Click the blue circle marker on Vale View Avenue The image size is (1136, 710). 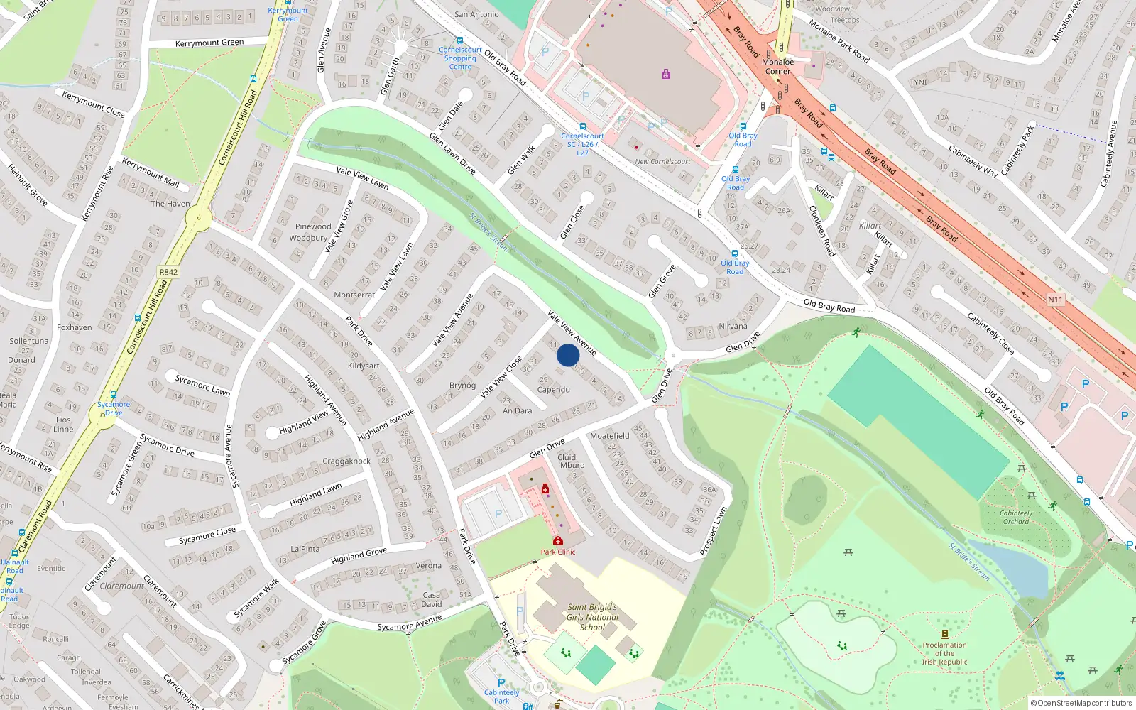click(x=568, y=355)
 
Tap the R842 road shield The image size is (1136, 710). click(x=168, y=272)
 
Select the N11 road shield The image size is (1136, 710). click(x=1055, y=300)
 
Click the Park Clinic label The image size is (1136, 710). click(x=558, y=552)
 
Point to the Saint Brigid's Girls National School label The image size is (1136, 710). click(x=592, y=617)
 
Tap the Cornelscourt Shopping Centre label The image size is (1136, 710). click(x=460, y=58)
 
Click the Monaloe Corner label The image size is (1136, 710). click(x=777, y=67)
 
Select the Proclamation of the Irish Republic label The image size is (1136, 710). click(x=944, y=653)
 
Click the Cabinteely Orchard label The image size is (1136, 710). click(x=1016, y=517)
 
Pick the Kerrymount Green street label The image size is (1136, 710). click(x=209, y=43)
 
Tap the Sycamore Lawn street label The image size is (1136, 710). click(x=203, y=386)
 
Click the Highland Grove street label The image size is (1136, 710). click(x=359, y=556)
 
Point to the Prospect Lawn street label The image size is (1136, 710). click(x=713, y=531)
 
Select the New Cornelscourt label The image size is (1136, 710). click(x=662, y=162)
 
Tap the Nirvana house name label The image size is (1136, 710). click(x=733, y=327)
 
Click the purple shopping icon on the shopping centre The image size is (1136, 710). click(x=665, y=74)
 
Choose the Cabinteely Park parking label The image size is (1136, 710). click(x=501, y=696)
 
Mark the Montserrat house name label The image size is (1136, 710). click(x=354, y=295)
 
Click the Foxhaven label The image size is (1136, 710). click(x=75, y=327)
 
